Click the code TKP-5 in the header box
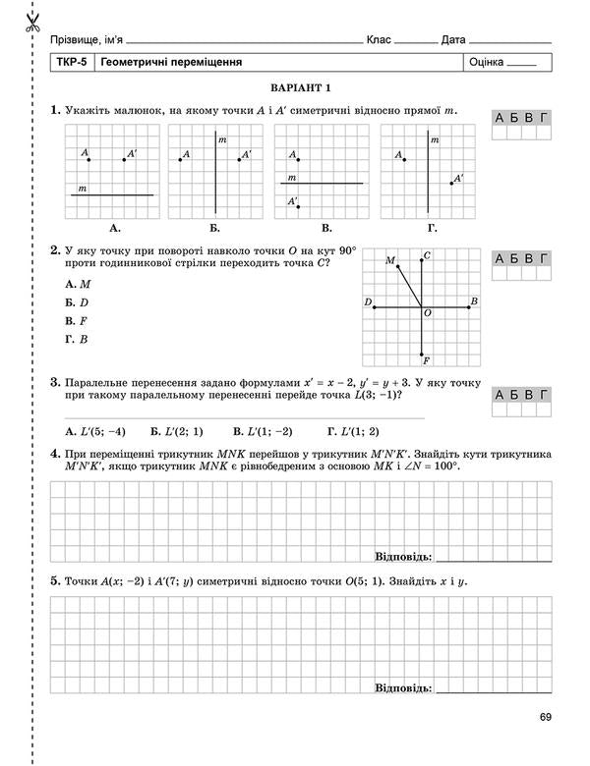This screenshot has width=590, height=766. tap(73, 62)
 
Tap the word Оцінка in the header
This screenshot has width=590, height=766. tap(487, 62)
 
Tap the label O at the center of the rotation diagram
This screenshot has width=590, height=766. tap(428, 313)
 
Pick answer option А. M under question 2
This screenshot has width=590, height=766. tap(78, 283)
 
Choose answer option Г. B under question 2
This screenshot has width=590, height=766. tap(77, 339)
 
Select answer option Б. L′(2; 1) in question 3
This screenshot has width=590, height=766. tap(177, 430)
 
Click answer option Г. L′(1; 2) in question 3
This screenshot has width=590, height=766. tap(352, 430)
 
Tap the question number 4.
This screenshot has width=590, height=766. tap(55, 454)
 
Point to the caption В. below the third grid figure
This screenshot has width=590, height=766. tap(325, 228)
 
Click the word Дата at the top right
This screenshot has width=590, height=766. tap(453, 39)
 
